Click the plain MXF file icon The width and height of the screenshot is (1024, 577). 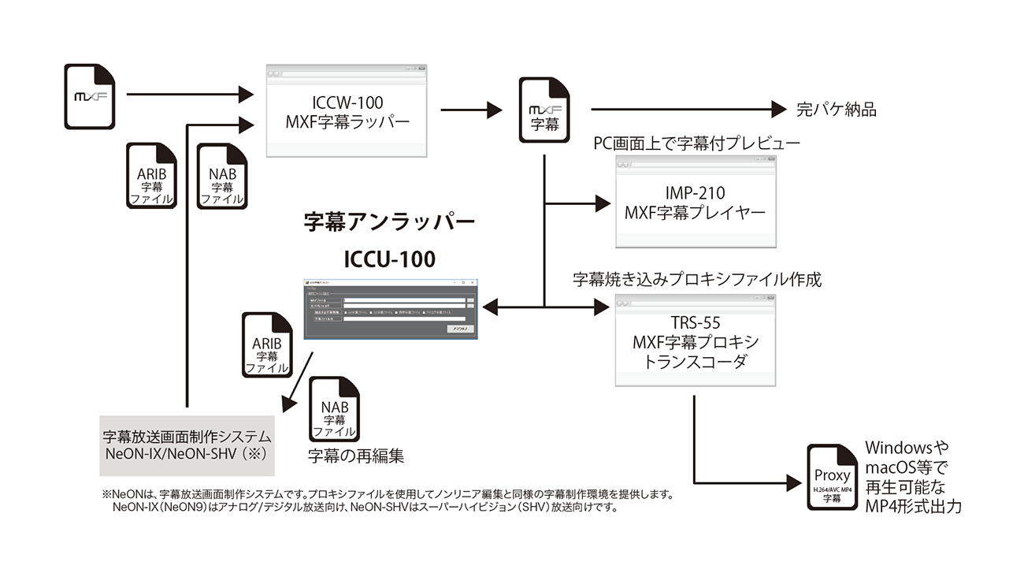coord(90,97)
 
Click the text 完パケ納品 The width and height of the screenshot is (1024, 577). coord(837,110)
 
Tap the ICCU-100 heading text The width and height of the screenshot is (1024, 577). coord(389,259)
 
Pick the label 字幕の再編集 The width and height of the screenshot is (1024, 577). coord(356,456)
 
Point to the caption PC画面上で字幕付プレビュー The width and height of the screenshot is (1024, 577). coord(696,143)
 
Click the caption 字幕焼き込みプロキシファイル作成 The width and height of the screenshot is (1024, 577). coord(696,280)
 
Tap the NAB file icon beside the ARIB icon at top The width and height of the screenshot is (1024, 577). coord(221,176)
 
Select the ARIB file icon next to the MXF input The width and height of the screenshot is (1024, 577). coord(150,176)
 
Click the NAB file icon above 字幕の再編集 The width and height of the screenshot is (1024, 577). coord(334,409)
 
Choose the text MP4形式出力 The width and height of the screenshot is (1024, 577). coord(914,507)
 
